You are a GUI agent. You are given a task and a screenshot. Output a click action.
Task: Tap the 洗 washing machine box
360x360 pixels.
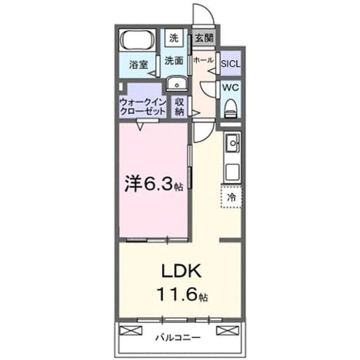(174, 38)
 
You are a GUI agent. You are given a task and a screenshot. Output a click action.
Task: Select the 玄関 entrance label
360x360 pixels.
(204, 38)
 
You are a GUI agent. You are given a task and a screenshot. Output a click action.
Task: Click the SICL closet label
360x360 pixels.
(231, 64)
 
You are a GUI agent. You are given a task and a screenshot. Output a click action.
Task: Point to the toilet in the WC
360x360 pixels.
(231, 109)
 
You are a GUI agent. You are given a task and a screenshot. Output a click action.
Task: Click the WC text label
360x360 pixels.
(231, 88)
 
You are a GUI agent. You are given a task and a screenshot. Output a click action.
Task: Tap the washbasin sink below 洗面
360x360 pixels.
(177, 83)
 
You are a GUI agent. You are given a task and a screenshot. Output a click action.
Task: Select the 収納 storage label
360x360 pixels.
(179, 107)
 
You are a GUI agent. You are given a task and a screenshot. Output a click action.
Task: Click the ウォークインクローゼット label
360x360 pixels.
(143, 107)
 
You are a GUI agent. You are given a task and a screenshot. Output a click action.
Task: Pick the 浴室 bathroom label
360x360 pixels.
(138, 65)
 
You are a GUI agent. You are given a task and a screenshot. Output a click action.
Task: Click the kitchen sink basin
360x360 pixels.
(233, 143)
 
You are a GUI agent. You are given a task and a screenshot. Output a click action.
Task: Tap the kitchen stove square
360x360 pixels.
(232, 172)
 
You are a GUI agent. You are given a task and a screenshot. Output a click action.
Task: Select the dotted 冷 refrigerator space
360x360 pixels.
(231, 197)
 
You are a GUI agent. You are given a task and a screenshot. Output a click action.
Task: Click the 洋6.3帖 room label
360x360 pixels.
(154, 184)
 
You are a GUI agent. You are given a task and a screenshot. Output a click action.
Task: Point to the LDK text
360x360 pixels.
(181, 271)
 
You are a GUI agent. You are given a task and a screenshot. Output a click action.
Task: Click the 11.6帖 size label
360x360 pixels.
(182, 295)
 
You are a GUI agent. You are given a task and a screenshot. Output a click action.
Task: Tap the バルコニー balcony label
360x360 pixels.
(178, 337)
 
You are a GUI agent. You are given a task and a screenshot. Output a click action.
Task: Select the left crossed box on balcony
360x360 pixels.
(131, 331)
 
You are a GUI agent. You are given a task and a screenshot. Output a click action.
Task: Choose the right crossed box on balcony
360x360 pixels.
(228, 331)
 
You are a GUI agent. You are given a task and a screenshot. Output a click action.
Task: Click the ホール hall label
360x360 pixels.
(204, 60)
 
